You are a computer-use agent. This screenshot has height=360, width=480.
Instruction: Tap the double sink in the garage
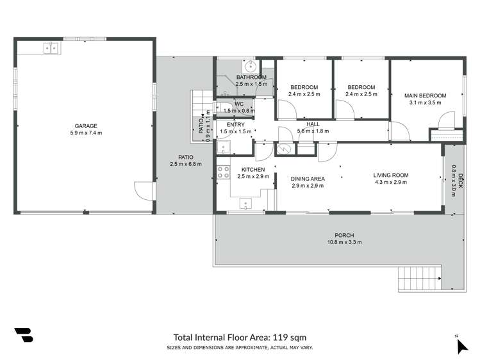point(51,47)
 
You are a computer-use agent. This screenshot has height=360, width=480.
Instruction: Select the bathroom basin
point(250,66)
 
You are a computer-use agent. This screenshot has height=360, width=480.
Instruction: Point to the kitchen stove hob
point(224,172)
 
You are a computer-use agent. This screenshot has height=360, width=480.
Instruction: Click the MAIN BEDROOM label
point(425,96)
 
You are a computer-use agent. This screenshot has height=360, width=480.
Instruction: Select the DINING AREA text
point(308,179)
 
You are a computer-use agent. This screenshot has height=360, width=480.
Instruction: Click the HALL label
point(313,124)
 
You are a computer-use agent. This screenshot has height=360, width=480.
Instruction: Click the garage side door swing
point(144,190)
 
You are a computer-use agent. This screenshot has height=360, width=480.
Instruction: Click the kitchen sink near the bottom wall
point(246,204)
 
